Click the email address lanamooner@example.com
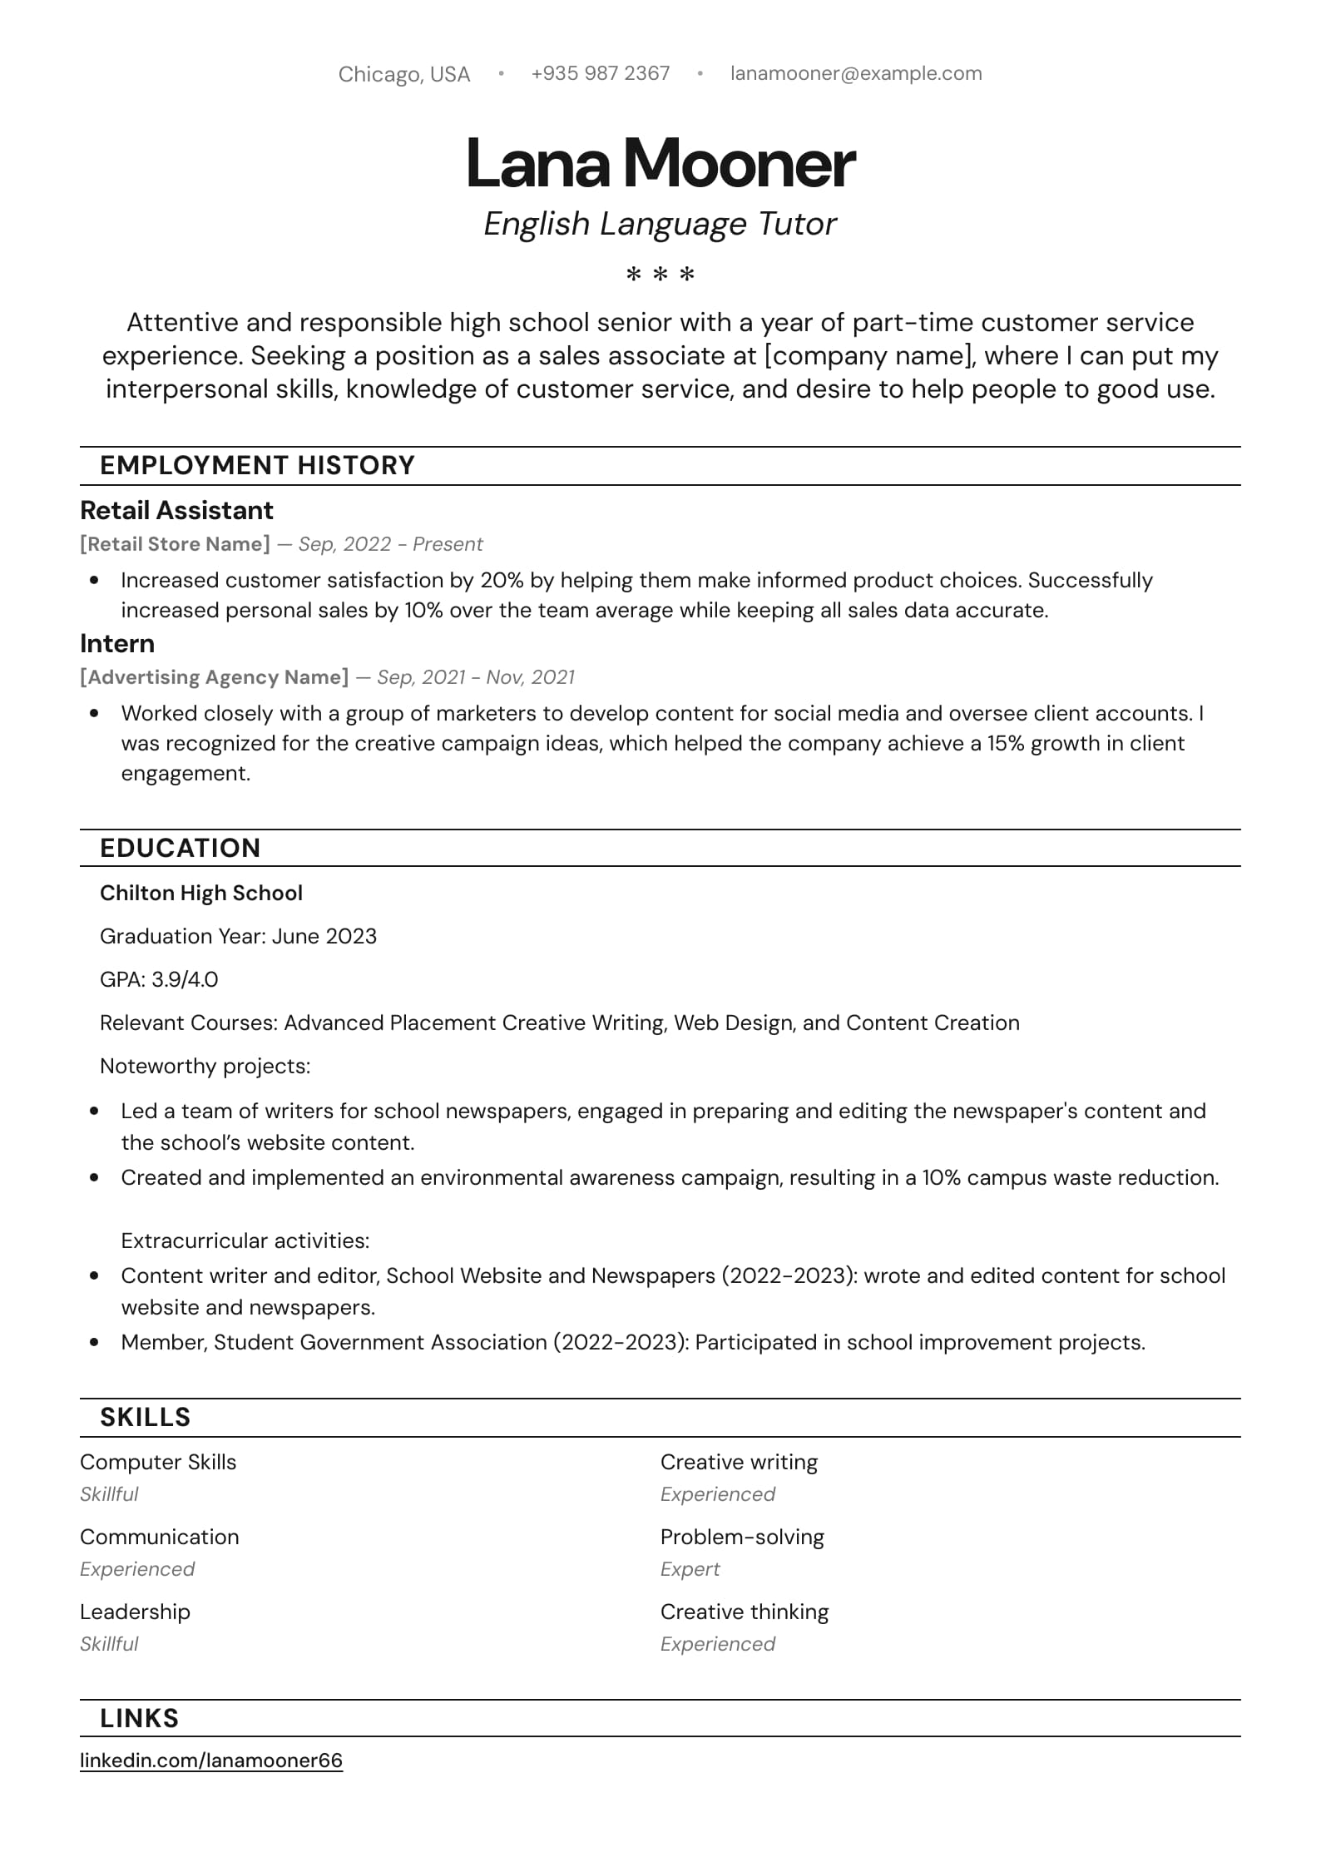point(855,73)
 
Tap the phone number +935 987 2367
point(600,73)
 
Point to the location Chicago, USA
point(403,74)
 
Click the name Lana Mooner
point(660,163)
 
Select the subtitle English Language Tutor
point(660,224)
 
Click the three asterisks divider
point(660,274)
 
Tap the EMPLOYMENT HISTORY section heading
point(257,465)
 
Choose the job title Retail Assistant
point(176,510)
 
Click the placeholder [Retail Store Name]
point(175,544)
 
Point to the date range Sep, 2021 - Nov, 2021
point(475,677)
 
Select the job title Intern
point(117,643)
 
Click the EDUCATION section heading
point(180,848)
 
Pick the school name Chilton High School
point(200,893)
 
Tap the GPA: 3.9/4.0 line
point(159,979)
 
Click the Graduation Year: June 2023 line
point(238,936)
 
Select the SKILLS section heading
point(145,1417)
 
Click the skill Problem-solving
point(742,1537)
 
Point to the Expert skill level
point(690,1569)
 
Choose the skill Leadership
point(135,1612)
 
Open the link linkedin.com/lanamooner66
point(211,1761)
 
